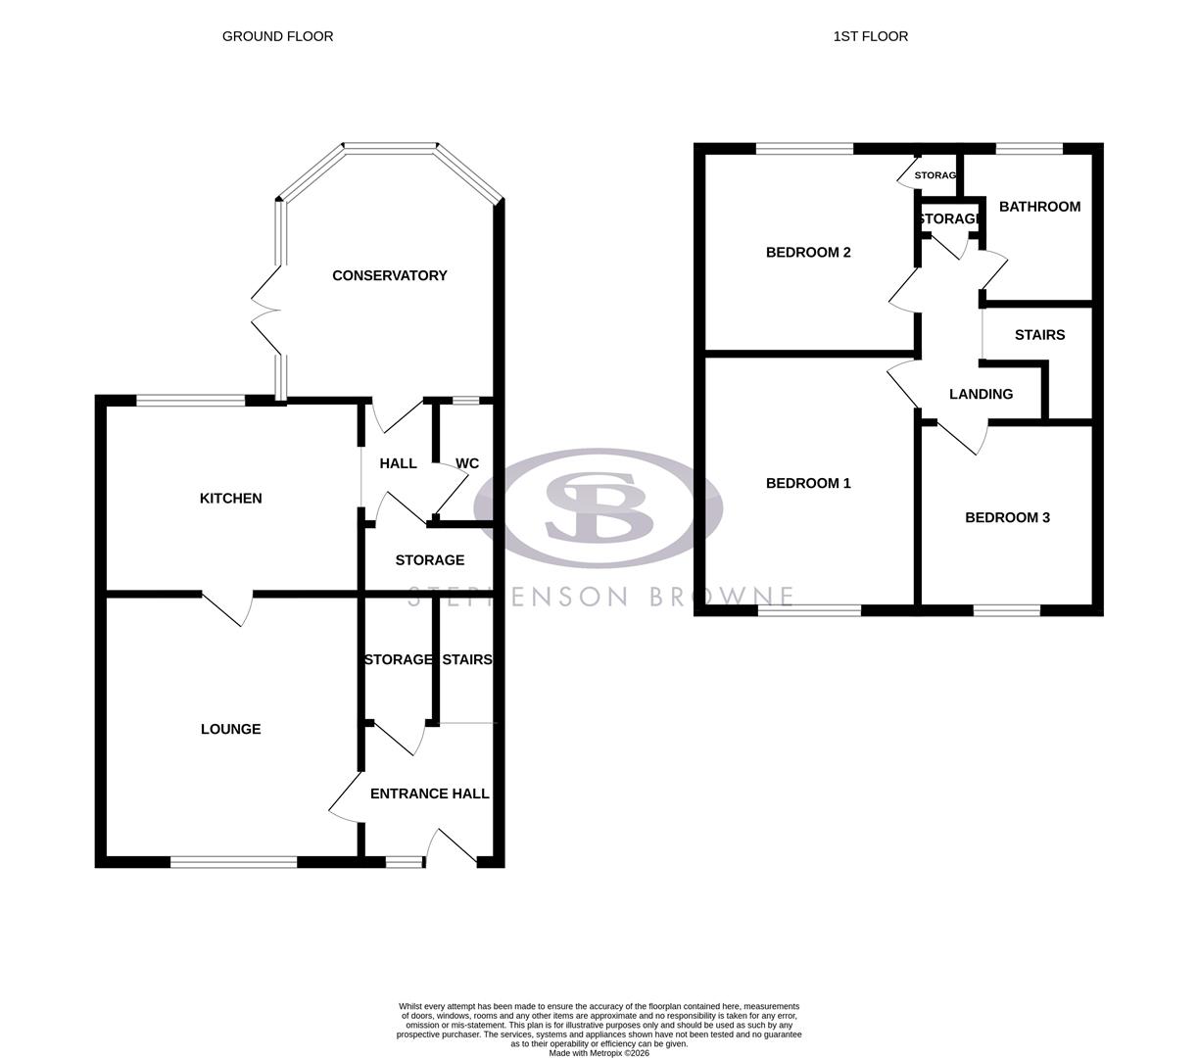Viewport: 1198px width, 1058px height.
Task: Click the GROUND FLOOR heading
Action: click(x=277, y=36)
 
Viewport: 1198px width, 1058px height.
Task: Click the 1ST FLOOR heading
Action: click(x=870, y=36)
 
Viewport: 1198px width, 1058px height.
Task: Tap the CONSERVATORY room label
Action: click(x=389, y=275)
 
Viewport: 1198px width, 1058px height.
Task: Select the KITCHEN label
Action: click(x=230, y=499)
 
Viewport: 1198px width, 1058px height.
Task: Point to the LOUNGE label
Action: click(x=230, y=729)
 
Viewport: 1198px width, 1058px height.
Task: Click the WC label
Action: click(x=467, y=463)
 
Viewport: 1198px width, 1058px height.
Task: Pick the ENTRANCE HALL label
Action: click(x=429, y=793)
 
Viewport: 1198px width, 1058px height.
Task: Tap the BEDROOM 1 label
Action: click(x=808, y=483)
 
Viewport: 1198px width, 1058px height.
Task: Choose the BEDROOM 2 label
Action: click(x=808, y=253)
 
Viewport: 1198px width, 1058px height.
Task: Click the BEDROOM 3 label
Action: click(x=1007, y=517)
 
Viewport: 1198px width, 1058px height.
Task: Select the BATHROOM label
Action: click(x=1039, y=207)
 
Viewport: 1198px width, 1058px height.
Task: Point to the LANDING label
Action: click(x=981, y=394)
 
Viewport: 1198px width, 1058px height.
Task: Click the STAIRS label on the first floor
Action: click(x=1039, y=335)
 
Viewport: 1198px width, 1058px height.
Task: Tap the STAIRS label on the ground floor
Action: click(x=467, y=659)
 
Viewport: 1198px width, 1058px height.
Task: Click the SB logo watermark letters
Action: click(x=598, y=506)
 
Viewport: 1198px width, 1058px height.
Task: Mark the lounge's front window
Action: click(x=233, y=862)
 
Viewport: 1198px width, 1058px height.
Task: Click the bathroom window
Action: click(x=1029, y=149)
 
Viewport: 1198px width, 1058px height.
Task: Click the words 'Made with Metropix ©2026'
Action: click(x=599, y=1053)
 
